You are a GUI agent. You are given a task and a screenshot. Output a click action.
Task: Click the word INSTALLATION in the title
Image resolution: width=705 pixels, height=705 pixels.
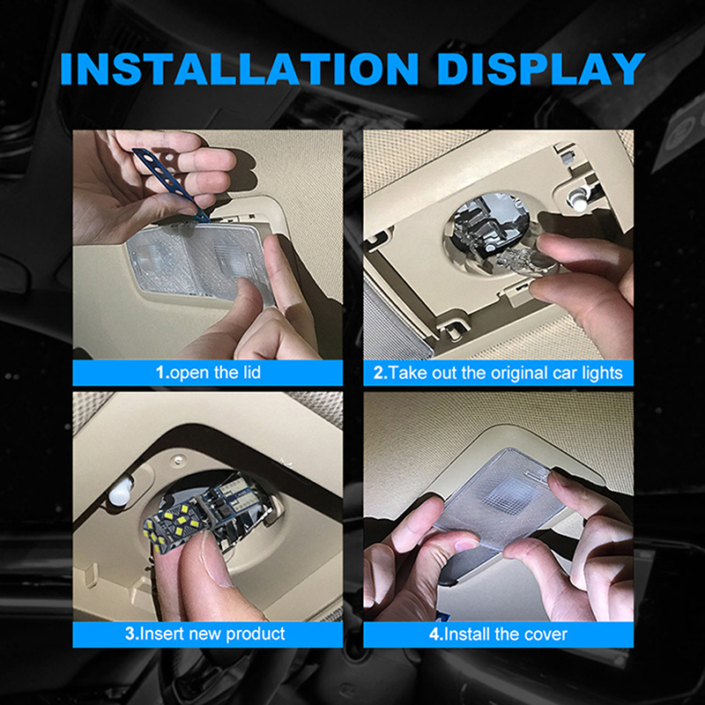coord(239,69)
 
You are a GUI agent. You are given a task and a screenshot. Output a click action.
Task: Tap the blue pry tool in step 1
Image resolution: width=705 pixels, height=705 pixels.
coord(171,183)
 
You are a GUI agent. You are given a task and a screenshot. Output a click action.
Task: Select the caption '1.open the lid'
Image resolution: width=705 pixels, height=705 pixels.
coord(208,372)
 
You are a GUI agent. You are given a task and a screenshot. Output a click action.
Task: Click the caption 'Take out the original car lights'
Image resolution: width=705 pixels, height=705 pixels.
coord(505,373)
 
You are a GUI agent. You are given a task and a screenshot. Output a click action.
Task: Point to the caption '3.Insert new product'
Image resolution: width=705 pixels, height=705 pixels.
coord(205,634)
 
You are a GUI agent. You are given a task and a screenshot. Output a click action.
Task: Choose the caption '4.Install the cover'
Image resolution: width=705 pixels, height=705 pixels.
coord(498,634)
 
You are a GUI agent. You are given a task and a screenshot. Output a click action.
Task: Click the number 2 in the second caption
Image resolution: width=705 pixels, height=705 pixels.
coord(378,373)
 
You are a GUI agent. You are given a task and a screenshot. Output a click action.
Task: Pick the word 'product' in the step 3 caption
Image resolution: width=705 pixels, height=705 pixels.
coord(256,634)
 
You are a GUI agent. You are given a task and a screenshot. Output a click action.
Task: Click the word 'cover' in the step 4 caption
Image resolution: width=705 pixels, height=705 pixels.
coord(545,634)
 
